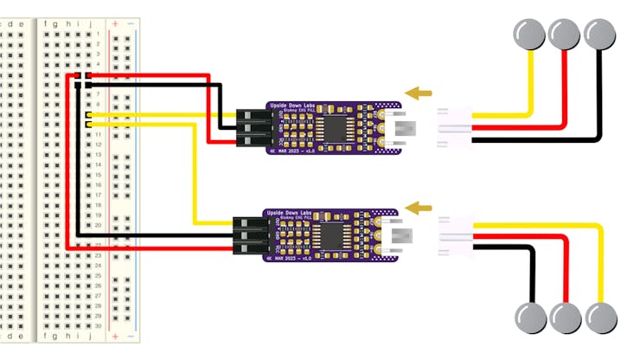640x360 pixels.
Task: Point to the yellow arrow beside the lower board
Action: [419, 207]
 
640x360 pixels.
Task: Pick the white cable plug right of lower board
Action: [453, 235]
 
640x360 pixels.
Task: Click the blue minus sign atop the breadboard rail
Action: [130, 22]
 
